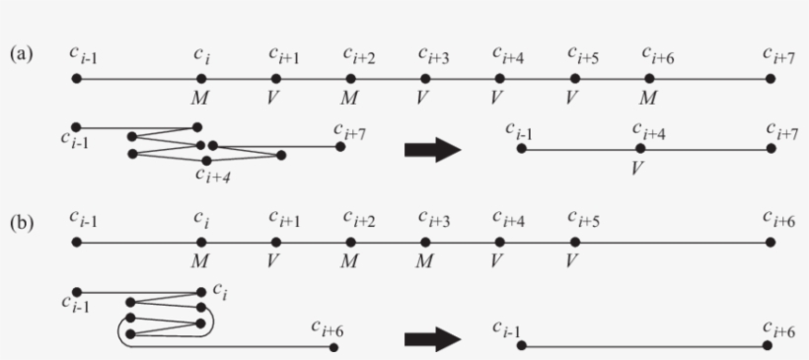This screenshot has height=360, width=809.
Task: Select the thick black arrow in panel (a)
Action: pyautogui.click(x=433, y=150)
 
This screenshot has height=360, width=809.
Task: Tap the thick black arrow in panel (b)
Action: pyautogui.click(x=433, y=340)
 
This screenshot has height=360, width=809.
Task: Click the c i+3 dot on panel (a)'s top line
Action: pyautogui.click(x=426, y=78)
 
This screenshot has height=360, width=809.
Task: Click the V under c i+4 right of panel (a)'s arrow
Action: pyautogui.click(x=638, y=167)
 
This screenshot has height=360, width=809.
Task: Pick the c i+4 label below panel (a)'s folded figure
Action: pyautogui.click(x=212, y=176)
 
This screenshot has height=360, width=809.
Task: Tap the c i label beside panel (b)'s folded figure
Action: pyautogui.click(x=221, y=293)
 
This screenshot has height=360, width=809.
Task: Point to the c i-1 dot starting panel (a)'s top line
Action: pyautogui.click(x=77, y=78)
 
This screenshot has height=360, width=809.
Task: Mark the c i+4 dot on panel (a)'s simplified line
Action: pyautogui.click(x=640, y=149)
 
